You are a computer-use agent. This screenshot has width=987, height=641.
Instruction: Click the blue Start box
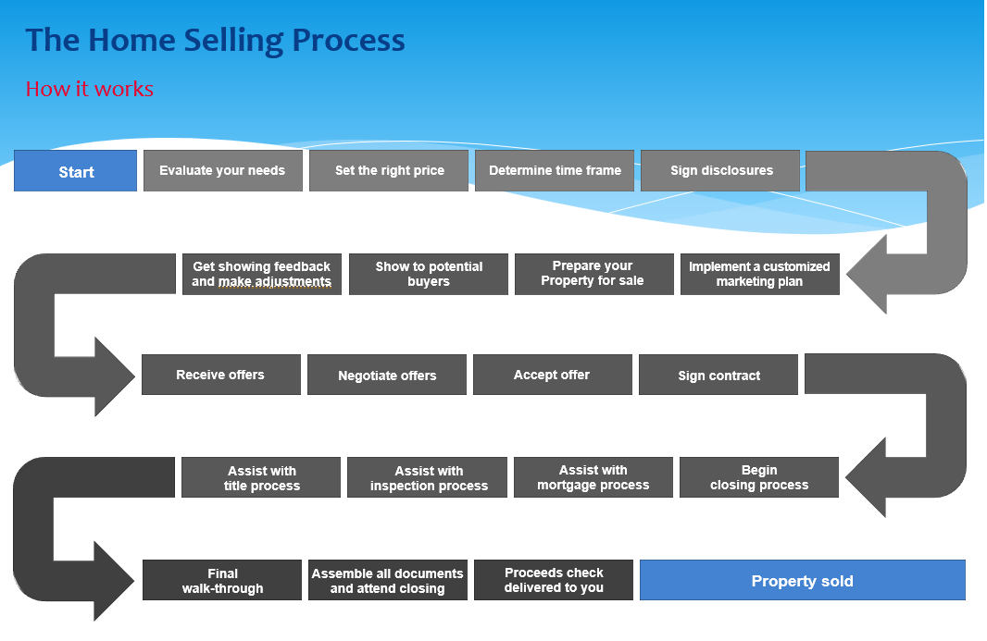click(x=76, y=170)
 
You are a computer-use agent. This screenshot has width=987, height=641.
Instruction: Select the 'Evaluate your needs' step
click(x=223, y=170)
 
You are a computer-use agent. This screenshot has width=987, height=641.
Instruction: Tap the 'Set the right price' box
click(x=389, y=170)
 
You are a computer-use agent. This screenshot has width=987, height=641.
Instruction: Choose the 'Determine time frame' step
click(x=555, y=170)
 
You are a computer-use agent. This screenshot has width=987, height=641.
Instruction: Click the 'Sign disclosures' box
click(x=720, y=170)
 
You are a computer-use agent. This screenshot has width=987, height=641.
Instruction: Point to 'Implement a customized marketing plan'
click(x=760, y=274)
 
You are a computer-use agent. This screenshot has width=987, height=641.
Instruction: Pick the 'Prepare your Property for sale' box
click(x=594, y=274)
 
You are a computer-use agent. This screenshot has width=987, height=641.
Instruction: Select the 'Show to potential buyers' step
click(x=429, y=274)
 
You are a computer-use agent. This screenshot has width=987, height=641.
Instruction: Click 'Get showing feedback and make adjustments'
click(x=262, y=274)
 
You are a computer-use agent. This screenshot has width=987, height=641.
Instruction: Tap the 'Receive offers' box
click(x=221, y=375)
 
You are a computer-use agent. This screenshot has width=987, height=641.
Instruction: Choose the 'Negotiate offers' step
click(x=387, y=375)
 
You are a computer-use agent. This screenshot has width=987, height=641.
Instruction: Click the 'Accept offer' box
click(x=553, y=375)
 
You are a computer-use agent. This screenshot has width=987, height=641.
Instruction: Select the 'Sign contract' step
click(x=718, y=375)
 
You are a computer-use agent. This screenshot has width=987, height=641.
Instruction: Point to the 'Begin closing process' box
click(x=759, y=477)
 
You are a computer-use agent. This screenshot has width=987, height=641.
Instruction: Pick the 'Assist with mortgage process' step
click(x=593, y=477)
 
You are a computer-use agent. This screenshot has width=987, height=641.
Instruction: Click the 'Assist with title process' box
click(x=261, y=477)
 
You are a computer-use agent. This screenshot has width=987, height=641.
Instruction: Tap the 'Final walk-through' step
click(x=222, y=580)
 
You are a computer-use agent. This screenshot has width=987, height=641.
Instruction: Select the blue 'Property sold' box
click(x=803, y=580)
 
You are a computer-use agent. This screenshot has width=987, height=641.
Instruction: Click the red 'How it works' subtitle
click(x=90, y=89)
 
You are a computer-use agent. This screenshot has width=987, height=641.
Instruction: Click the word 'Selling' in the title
click(x=233, y=42)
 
